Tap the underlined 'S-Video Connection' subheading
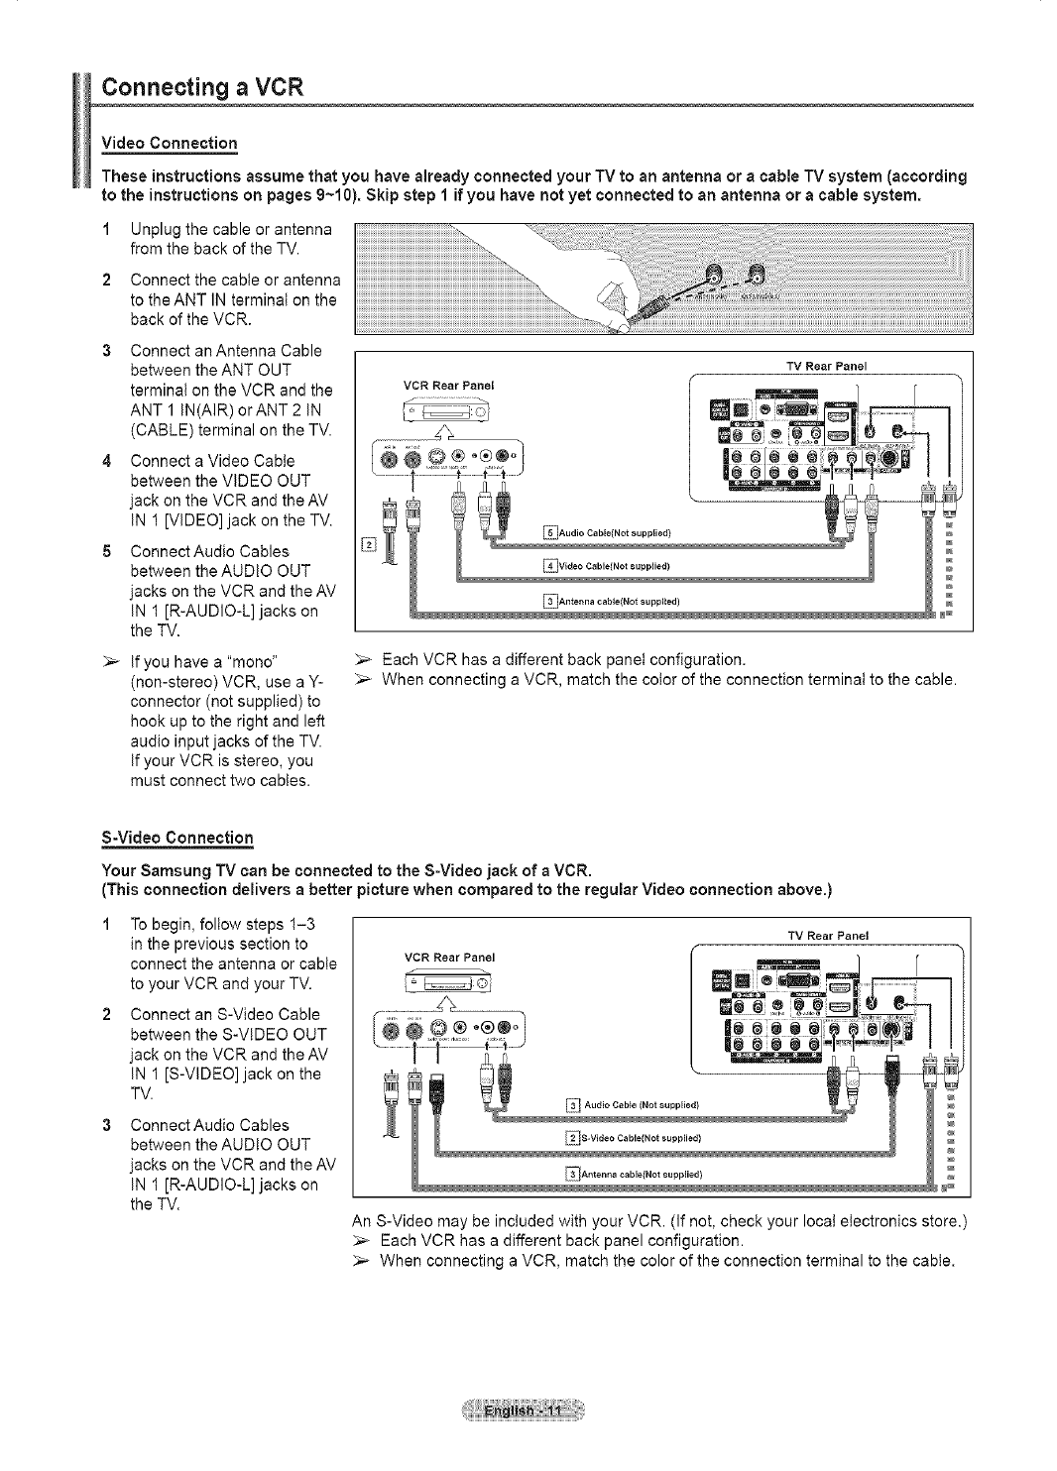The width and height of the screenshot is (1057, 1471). (x=178, y=838)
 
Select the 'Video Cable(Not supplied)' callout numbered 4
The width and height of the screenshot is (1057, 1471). (x=609, y=567)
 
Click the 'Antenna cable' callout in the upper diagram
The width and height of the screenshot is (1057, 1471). (x=610, y=601)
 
